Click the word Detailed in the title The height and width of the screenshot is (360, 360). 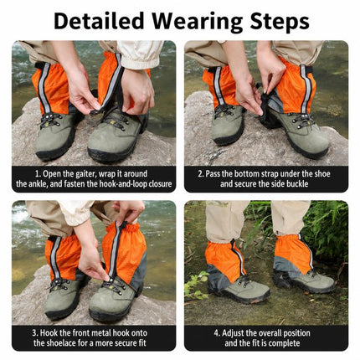click(x=99, y=21)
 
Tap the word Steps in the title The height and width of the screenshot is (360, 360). click(x=280, y=22)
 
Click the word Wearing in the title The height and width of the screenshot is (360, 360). click(x=198, y=23)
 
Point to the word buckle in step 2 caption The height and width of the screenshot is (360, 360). click(x=296, y=184)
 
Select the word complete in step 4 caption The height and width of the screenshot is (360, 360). click(x=285, y=343)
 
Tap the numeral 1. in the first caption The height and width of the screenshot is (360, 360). click(x=38, y=174)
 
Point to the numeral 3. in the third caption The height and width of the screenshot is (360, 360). click(x=35, y=333)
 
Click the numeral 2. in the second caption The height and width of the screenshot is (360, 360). click(x=201, y=174)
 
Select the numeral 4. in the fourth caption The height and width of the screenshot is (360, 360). click(x=218, y=333)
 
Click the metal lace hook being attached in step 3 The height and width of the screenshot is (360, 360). click(x=110, y=280)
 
